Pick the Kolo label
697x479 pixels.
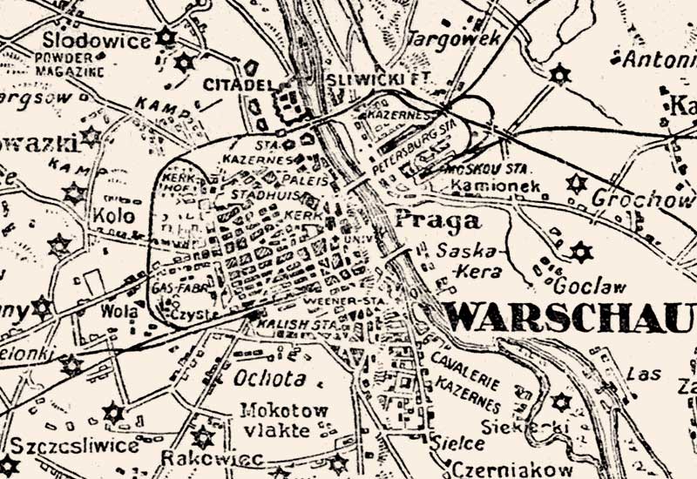[x=110, y=214]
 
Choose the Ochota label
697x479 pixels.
[x=269, y=378]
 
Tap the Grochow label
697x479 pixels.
[x=642, y=199]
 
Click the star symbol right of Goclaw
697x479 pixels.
[x=581, y=253]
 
